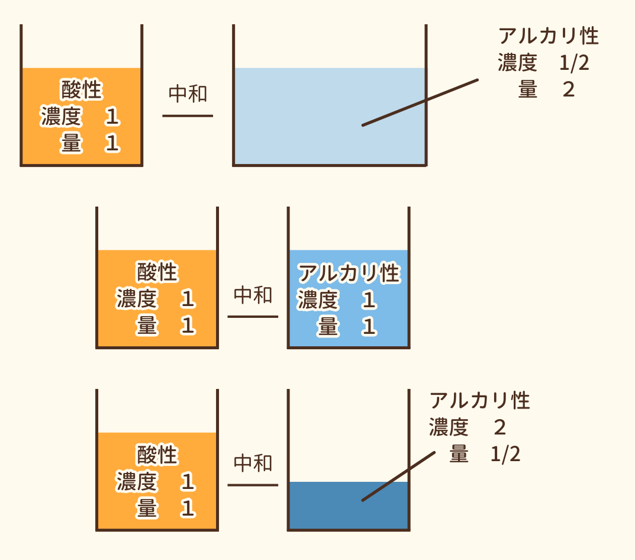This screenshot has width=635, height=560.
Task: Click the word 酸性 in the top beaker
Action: click(82, 91)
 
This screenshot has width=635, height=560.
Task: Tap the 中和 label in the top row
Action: click(188, 94)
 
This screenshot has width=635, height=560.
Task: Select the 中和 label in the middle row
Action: click(253, 295)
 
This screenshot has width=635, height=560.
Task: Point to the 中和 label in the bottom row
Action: click(253, 464)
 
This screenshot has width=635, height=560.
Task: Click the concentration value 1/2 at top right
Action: click(574, 63)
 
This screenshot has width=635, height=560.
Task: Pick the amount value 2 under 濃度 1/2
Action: click(568, 89)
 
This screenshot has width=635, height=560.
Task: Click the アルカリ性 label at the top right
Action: click(549, 36)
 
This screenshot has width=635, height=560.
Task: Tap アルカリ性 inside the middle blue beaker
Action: click(349, 273)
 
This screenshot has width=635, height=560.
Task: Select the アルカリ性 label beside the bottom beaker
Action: click(480, 401)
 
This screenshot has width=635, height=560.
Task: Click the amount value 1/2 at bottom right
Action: click(505, 455)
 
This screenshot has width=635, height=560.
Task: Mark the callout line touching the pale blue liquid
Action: click(420, 102)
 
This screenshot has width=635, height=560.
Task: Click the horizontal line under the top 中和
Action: click(188, 115)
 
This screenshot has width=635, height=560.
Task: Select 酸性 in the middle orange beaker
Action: click(157, 273)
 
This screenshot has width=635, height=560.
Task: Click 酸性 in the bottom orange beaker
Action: click(157, 455)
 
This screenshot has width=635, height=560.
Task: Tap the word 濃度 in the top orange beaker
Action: click(60, 117)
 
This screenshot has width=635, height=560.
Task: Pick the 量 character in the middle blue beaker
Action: click(327, 327)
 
